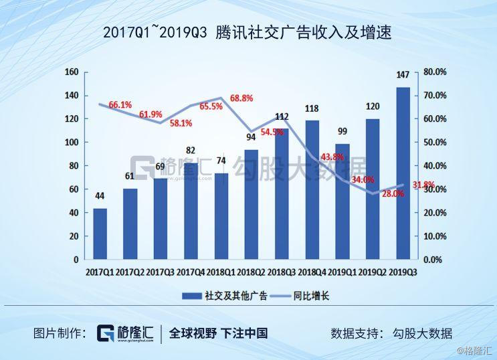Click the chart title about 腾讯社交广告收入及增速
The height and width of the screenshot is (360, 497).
coord(247,31)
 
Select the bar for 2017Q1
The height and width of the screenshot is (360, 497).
coord(100,234)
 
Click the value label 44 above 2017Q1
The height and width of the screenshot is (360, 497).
coord(100,196)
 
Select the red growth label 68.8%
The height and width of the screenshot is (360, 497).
coord(241,98)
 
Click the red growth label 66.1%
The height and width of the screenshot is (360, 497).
coord(120,105)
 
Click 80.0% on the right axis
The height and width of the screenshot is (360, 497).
coord(435,72)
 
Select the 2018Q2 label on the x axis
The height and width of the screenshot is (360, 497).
coord(250,272)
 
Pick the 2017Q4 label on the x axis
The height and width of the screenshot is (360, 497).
coord(190,272)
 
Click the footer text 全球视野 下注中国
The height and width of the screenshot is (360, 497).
coord(218,333)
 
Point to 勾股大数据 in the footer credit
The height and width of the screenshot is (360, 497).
coord(422,333)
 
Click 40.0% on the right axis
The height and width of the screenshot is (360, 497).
coord(435,166)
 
